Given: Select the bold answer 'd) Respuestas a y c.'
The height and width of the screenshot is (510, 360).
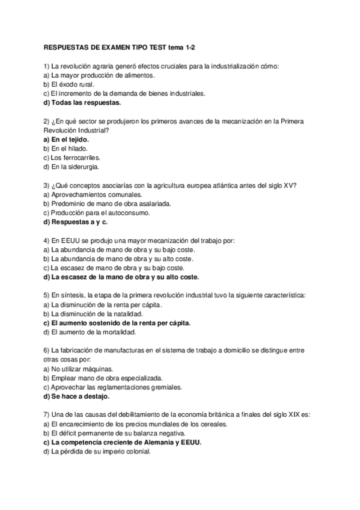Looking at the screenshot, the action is click(75, 222).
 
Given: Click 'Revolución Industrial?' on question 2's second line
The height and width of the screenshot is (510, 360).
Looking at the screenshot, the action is click(76, 130).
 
